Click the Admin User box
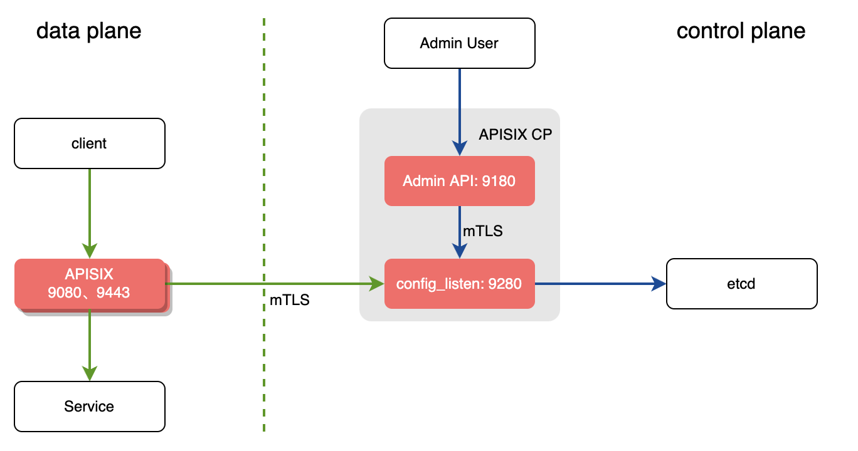[x=459, y=43]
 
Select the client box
[x=89, y=143]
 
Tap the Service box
[x=89, y=407]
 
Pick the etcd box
[x=741, y=284]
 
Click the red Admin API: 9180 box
[x=459, y=181]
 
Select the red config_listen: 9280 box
[x=459, y=284]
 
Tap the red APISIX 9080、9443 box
[x=89, y=284]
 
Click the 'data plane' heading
[x=88, y=31]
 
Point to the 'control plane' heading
[x=741, y=31]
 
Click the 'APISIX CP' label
[x=515, y=135]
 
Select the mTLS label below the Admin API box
[x=482, y=231]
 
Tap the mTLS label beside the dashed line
[x=289, y=300]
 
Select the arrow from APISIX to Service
[x=90, y=345]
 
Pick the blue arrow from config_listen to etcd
[x=599, y=284]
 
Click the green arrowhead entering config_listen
[x=377, y=284]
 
